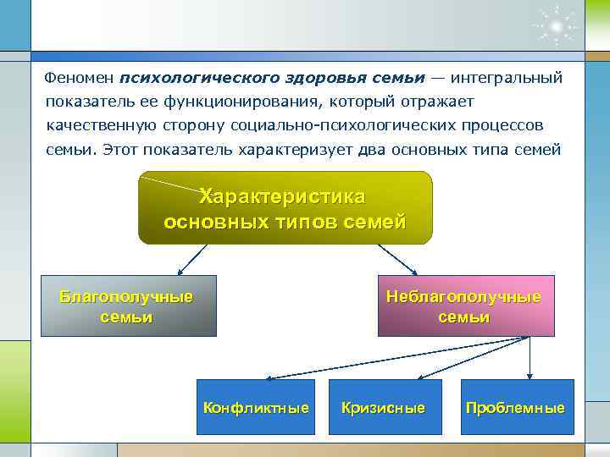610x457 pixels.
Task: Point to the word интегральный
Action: [507, 78]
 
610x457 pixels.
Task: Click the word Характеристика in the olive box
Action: [284, 196]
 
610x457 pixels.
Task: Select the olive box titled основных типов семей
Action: [285, 208]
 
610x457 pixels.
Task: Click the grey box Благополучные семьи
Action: [128, 306]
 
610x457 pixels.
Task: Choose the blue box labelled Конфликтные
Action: [255, 407]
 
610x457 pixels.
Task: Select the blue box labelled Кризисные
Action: [383, 407]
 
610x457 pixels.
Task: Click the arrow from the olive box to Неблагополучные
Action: [395, 259]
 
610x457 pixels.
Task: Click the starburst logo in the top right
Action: [557, 26]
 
